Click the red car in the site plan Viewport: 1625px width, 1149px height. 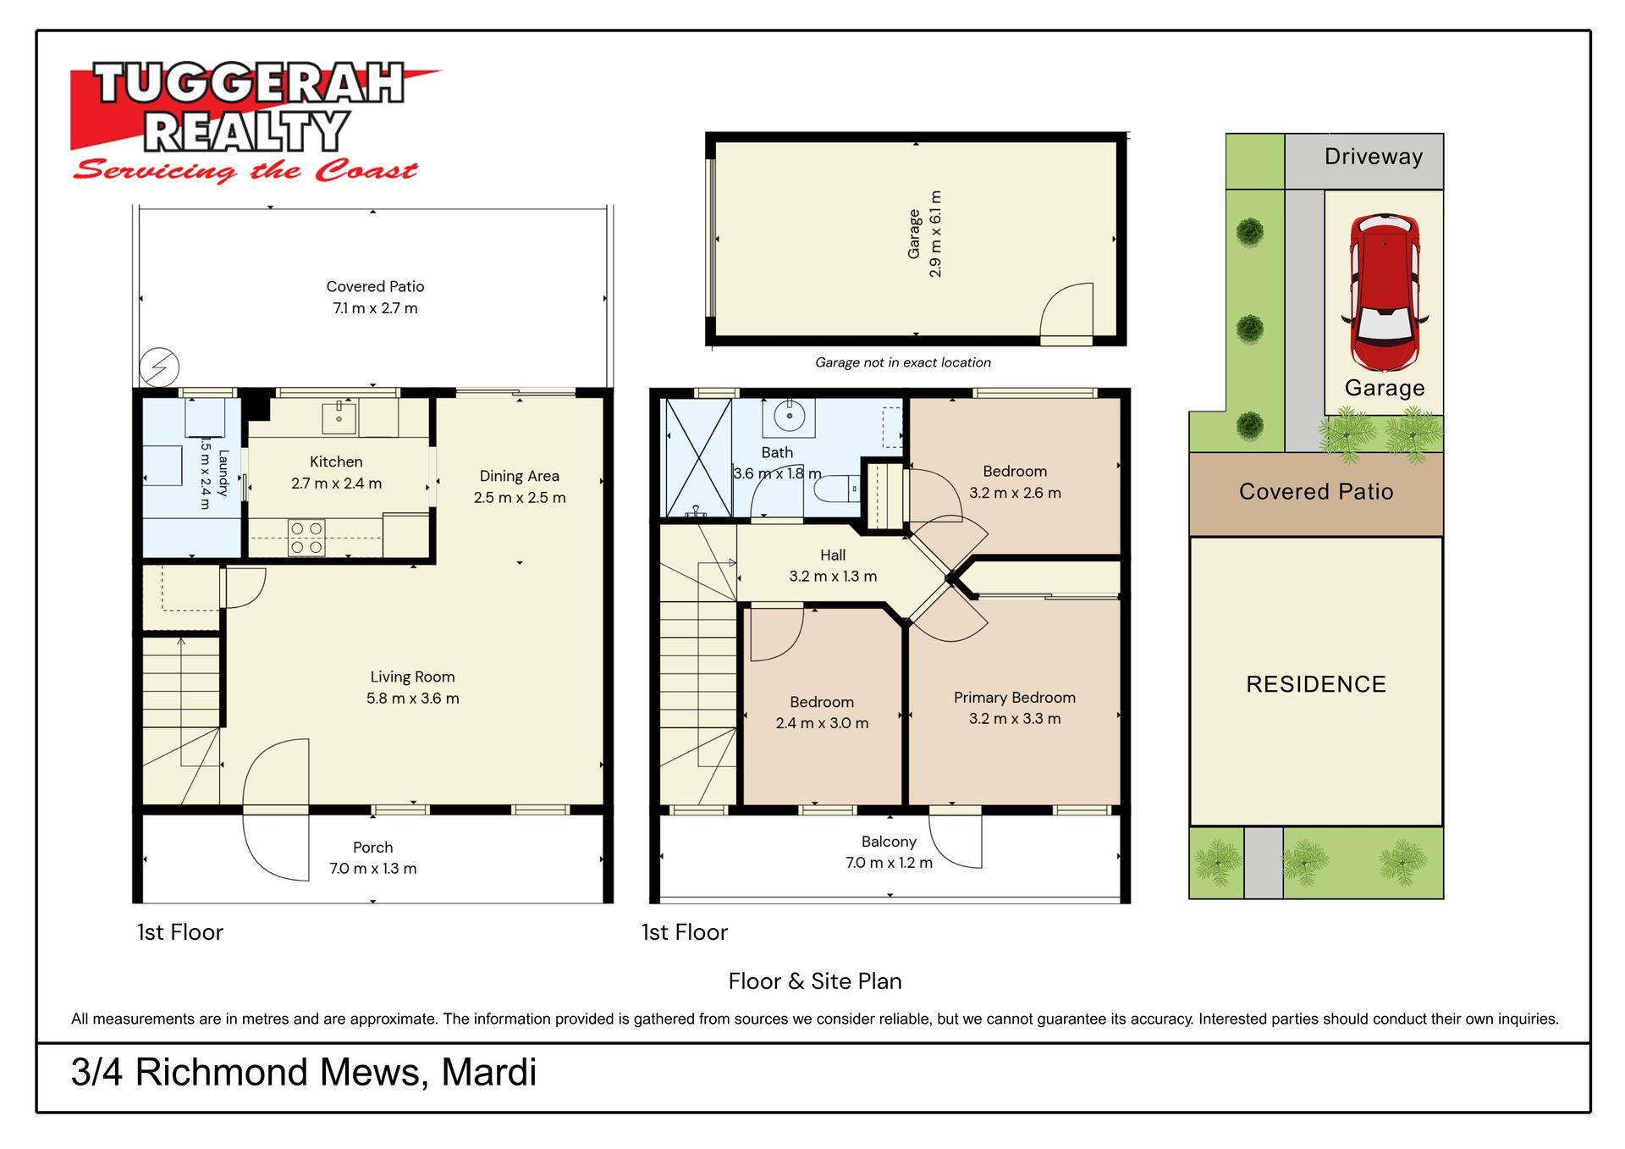pos(1385,292)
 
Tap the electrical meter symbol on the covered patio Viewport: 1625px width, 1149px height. pos(159,367)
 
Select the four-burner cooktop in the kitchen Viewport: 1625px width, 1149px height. pos(306,538)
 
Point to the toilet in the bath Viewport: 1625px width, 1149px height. pos(837,489)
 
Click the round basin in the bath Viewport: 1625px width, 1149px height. pos(789,417)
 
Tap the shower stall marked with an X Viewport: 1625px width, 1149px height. pos(699,458)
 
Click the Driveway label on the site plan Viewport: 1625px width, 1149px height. pos(1374,157)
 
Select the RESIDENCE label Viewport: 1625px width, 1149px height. pos(1316,684)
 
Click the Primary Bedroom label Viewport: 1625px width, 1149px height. pos(1015,697)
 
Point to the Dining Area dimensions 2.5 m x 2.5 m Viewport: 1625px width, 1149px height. pos(520,498)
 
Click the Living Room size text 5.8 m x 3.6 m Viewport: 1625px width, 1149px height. pos(413,699)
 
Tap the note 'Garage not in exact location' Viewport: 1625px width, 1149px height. pos(903,362)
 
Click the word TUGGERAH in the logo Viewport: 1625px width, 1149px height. pos(248,84)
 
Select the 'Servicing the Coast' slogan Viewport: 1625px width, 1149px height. pos(245,170)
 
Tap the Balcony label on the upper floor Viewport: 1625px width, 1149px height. pos(889,842)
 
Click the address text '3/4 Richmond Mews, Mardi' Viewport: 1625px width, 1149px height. pos(304,1072)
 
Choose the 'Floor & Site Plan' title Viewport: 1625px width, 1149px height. pos(815,981)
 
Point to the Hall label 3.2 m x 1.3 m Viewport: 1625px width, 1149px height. pos(833,566)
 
